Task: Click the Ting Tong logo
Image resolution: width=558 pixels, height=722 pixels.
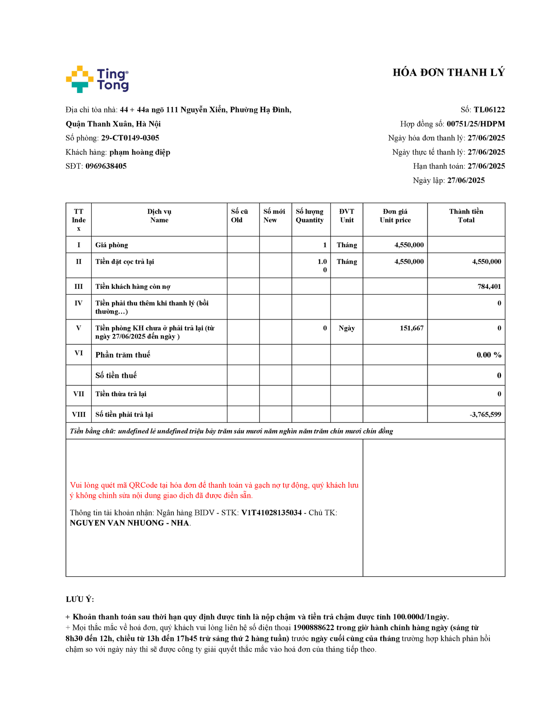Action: [x=97, y=79]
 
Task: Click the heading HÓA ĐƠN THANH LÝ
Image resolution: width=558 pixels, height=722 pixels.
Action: [x=448, y=73]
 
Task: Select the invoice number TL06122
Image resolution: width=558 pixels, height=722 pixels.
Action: [x=489, y=110]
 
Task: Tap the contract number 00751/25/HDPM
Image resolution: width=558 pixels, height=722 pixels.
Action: [x=475, y=124]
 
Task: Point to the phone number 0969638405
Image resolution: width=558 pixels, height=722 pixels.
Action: [x=106, y=166]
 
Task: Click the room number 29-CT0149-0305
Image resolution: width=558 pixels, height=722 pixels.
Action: [x=130, y=138]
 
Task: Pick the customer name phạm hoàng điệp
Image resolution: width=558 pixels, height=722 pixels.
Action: [x=139, y=152]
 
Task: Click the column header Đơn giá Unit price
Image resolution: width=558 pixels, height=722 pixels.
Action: [x=395, y=216]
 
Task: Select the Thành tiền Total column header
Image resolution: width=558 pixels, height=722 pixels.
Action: [x=466, y=216]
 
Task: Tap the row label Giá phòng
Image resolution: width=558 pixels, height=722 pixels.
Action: [x=112, y=245]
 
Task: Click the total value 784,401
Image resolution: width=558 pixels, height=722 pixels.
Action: [x=489, y=287]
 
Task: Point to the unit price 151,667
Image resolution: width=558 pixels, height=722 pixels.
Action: [x=411, y=328]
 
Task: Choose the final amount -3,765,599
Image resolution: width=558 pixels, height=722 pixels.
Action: [x=485, y=414]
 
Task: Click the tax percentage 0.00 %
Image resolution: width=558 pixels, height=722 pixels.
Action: [x=489, y=355]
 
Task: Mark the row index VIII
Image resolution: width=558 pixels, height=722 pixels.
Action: [x=79, y=414]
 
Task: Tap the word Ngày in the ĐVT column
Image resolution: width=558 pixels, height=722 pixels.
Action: [x=347, y=328]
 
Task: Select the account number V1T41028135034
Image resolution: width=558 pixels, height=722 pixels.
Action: [x=271, y=513]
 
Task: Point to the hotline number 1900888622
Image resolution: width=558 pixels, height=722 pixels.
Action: [x=314, y=628]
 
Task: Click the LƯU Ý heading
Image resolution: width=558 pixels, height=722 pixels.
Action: [x=80, y=599]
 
